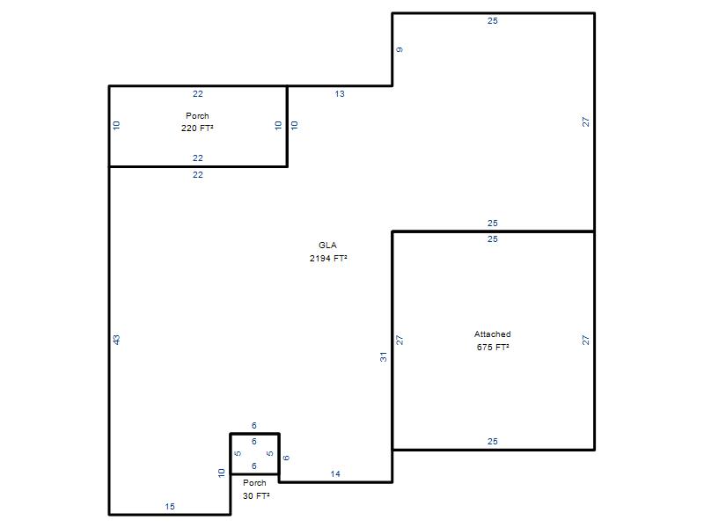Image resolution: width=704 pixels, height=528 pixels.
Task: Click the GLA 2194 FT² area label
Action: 328,252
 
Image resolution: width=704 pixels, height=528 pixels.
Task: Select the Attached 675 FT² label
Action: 493,341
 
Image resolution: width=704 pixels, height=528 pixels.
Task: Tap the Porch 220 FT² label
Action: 197,122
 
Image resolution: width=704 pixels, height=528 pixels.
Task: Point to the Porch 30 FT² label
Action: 256,489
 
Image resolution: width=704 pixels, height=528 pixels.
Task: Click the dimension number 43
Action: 117,340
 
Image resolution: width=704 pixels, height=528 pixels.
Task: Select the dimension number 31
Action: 383,357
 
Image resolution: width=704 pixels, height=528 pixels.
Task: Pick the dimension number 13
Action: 340,94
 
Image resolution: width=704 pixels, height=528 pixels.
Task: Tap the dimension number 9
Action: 400,49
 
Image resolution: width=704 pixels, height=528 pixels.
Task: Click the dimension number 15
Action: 170,507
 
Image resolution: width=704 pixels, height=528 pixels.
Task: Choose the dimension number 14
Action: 335,473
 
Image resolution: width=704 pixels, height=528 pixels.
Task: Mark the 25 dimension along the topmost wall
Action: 493,20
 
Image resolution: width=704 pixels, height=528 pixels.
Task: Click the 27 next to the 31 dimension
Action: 400,340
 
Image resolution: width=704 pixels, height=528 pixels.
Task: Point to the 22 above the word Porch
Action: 198,94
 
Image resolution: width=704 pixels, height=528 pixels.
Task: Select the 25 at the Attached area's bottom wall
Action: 493,442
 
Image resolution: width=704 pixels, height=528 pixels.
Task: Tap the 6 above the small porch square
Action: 254,425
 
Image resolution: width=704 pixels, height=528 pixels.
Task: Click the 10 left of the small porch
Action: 222,473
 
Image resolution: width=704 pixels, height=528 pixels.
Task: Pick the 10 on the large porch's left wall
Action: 117,125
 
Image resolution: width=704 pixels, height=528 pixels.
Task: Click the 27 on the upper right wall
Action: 585,121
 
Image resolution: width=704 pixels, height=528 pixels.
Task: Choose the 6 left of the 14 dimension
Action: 286,458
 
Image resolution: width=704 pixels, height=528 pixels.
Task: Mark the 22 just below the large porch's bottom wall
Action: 198,174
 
